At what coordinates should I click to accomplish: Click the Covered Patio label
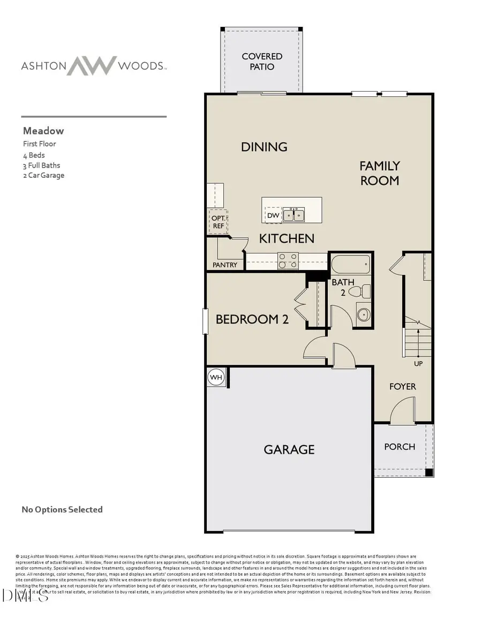pos(262,62)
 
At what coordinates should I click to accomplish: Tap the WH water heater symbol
pos(216,378)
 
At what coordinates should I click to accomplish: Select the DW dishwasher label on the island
pos(273,215)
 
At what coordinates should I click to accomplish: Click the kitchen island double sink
pos(293,215)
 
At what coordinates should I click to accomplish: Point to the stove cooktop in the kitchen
pos(288,261)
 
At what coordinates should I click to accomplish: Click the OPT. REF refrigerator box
pos(219,222)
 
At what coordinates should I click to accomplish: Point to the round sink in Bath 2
pos(363,314)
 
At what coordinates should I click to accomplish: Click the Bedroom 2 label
pos(252,319)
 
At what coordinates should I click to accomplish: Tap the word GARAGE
pos(289,449)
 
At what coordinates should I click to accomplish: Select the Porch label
pos(400,447)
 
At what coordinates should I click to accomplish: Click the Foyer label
pos(402,386)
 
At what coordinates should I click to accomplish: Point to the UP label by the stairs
pos(418,363)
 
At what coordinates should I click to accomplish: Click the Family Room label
pos(379,173)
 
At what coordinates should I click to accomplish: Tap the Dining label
pos(264,147)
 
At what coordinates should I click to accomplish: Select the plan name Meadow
pos(43,131)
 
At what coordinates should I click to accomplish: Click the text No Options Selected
pos(62,509)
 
